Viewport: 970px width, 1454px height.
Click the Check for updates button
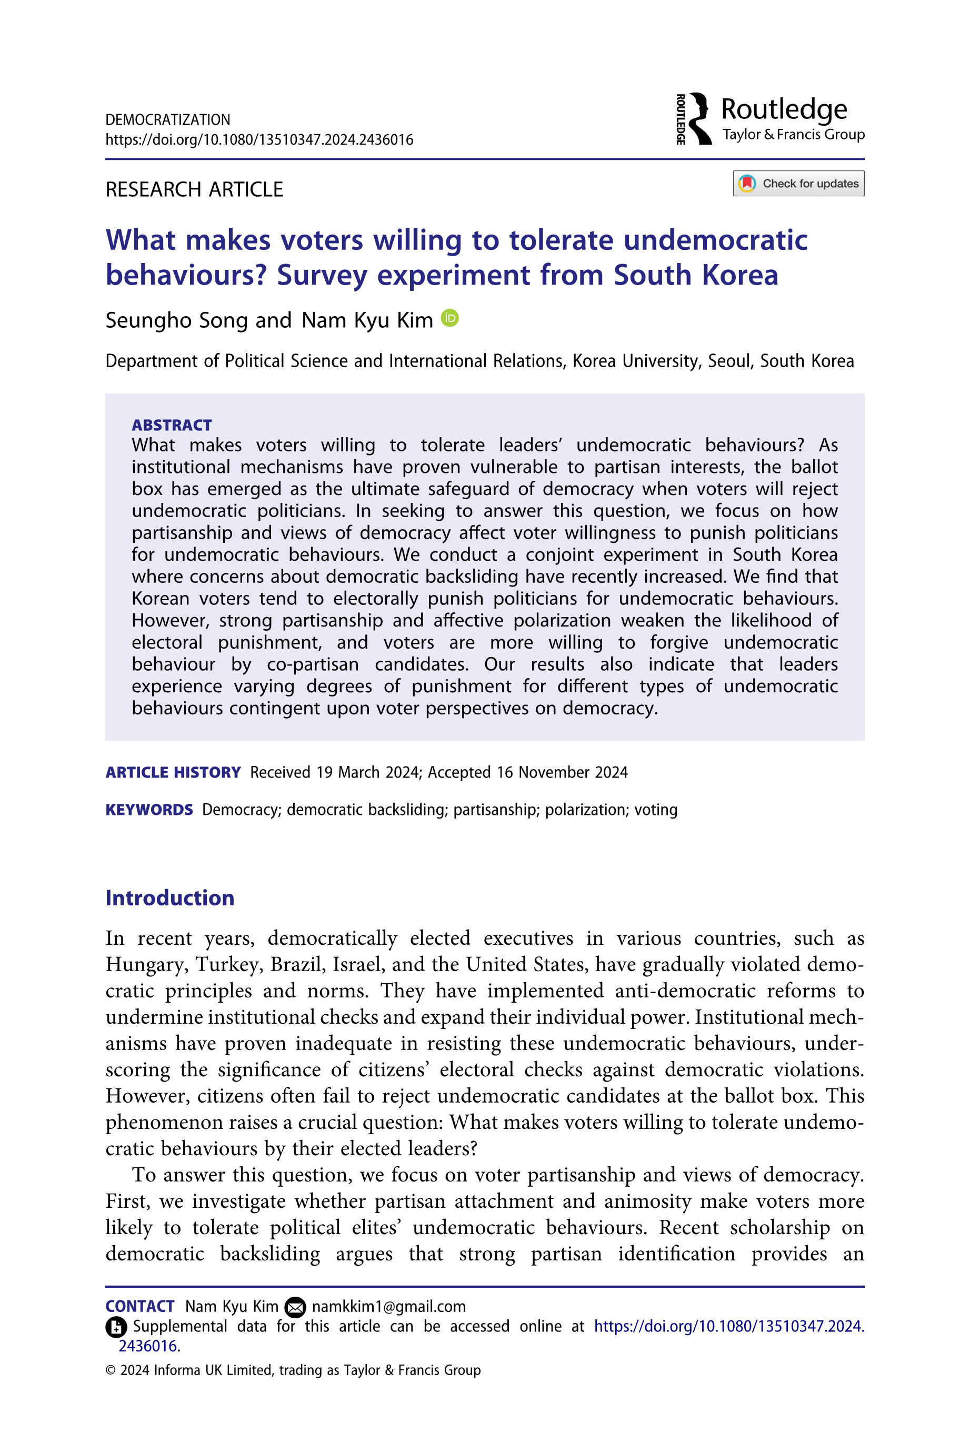point(798,184)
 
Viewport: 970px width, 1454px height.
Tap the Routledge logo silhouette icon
point(699,119)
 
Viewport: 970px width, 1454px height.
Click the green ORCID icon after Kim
point(450,318)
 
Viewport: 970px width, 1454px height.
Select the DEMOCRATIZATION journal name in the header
point(168,120)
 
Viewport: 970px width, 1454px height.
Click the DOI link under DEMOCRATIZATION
point(259,140)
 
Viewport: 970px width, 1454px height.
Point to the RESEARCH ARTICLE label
point(194,189)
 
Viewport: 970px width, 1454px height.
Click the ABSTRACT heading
point(172,426)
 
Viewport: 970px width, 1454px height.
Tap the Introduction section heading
point(169,897)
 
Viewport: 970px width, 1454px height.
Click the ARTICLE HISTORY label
point(173,773)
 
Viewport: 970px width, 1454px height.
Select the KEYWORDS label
point(149,810)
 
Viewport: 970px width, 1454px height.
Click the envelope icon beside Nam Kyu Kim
point(295,1307)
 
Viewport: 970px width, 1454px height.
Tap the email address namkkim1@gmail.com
point(388,1306)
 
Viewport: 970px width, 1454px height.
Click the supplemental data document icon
point(116,1327)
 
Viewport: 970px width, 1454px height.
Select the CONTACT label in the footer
point(140,1306)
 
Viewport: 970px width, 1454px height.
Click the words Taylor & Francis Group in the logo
point(793,135)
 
